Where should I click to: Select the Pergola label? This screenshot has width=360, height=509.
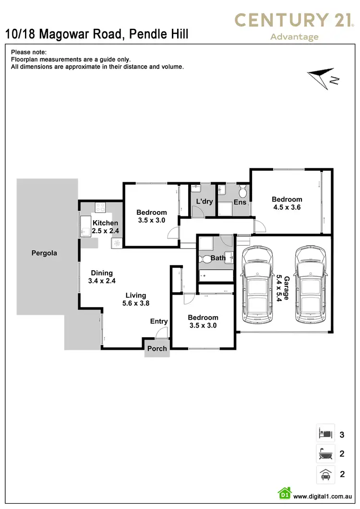click(44, 253)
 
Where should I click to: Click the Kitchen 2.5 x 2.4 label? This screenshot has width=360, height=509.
click(105, 227)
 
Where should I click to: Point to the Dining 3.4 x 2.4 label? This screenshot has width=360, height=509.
click(102, 277)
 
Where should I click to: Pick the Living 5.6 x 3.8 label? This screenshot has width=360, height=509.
click(135, 299)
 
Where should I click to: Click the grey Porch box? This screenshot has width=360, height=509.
click(157, 348)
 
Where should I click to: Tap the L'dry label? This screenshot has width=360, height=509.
click(204, 201)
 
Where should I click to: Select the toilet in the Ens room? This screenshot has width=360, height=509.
click(243, 192)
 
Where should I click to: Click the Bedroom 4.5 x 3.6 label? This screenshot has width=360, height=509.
click(287, 203)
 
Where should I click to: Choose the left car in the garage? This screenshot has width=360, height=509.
click(259, 285)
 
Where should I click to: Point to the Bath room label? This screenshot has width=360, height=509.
click(218, 258)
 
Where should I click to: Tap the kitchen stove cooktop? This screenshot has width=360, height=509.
click(101, 208)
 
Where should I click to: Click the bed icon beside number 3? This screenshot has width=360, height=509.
click(325, 435)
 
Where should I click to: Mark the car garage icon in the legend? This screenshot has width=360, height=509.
click(325, 474)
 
